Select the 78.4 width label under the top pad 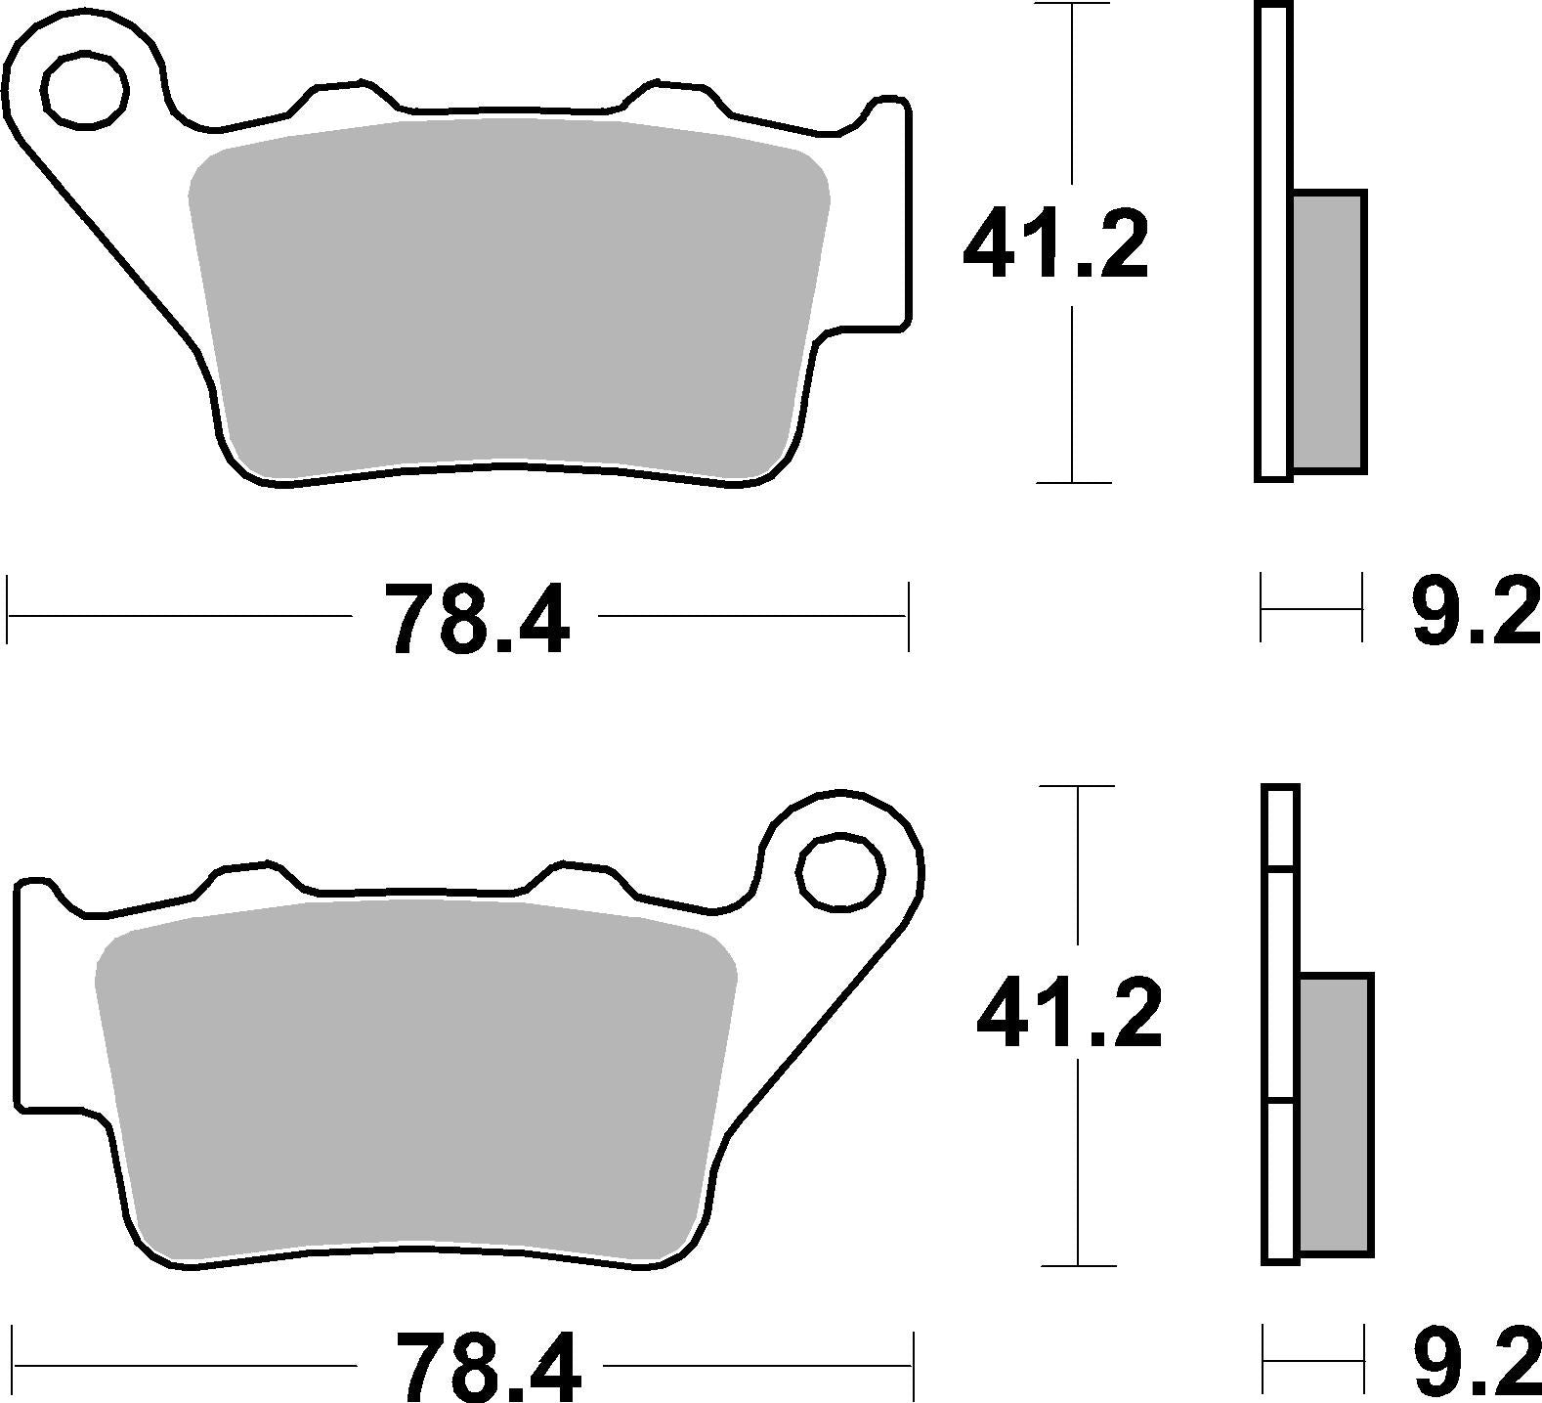tap(476, 619)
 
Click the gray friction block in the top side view tap(1328, 330)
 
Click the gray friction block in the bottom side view tap(1336, 1115)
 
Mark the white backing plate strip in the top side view tap(1273, 244)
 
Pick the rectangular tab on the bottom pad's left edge tap(39, 997)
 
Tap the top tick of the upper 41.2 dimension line tap(1073, 6)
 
